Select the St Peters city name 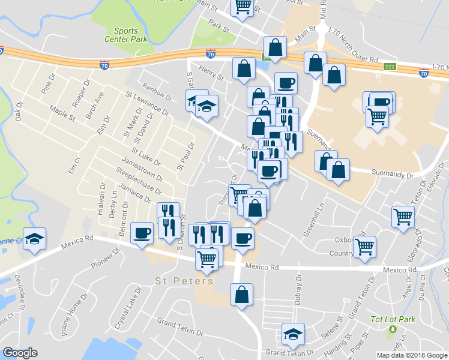tap(184, 281)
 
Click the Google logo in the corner tap(20, 353)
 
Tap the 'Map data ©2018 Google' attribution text tap(412, 355)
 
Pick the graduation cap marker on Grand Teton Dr tap(294, 334)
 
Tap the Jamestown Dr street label tap(142, 169)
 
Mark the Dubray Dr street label tap(298, 286)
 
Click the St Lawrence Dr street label tap(147, 103)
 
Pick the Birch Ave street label tap(95, 105)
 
